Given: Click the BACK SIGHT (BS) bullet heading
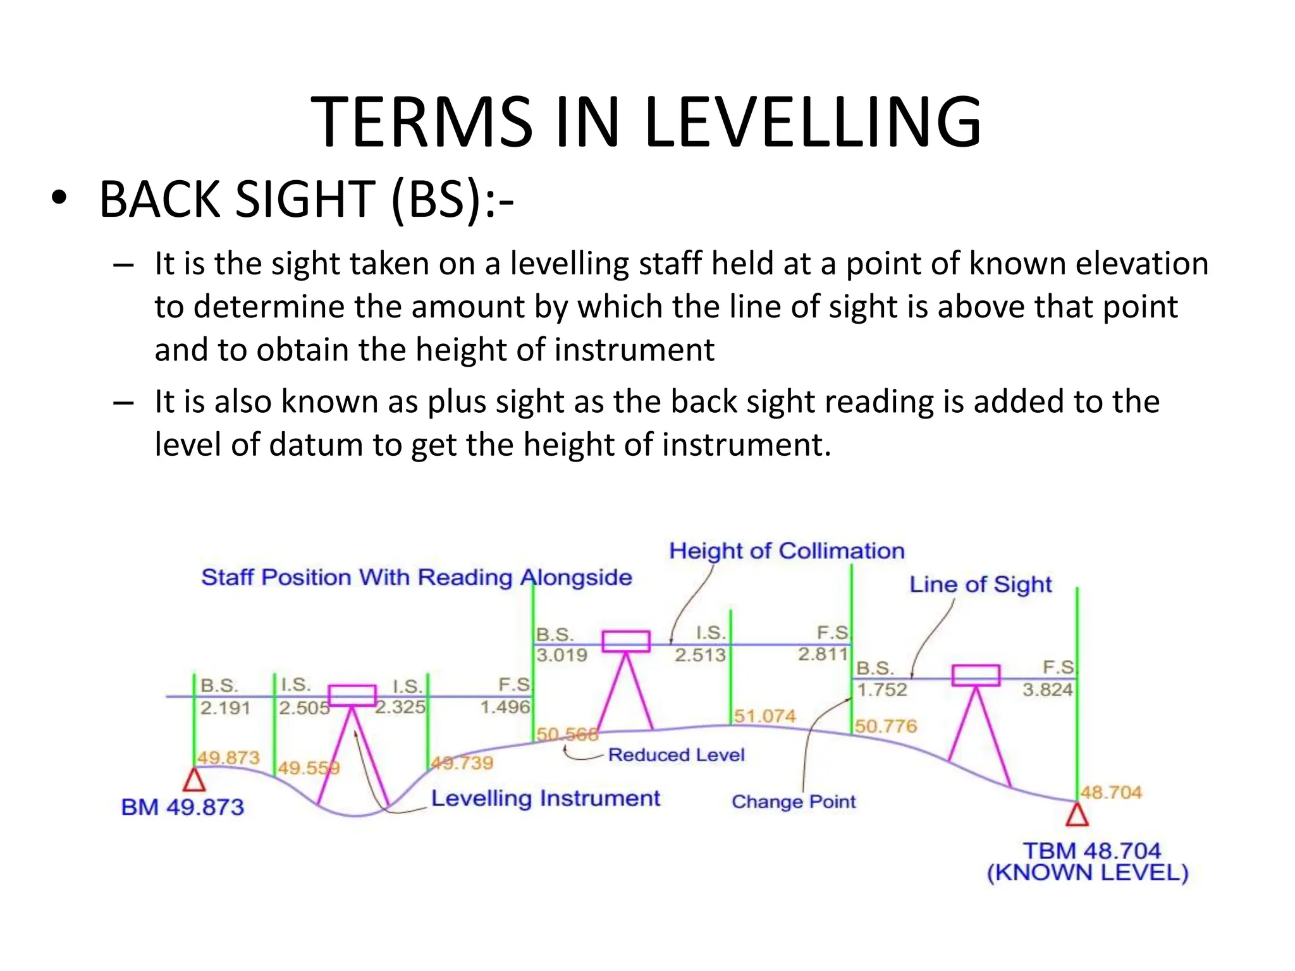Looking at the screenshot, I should (306, 200).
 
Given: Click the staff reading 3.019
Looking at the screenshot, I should (562, 655).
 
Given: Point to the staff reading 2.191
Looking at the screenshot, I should (225, 707).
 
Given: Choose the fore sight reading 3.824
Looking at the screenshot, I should (1047, 689).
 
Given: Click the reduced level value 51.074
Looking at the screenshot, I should (764, 716).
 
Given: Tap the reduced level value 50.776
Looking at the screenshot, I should (885, 726).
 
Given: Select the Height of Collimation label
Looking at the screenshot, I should (787, 551).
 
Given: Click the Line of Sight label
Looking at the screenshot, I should (980, 584).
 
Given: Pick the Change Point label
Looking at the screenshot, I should (793, 802).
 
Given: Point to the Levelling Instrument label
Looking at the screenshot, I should (545, 798).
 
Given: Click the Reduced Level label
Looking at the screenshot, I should (676, 755).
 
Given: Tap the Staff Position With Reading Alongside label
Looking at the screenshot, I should (416, 577).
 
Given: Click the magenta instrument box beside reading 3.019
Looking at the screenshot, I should (625, 641).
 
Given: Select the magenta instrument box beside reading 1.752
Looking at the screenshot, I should (976, 675).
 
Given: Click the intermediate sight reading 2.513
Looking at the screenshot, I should (700, 655).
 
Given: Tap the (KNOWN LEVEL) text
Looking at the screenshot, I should (1088, 873).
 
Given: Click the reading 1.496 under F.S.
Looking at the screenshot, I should (505, 707).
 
